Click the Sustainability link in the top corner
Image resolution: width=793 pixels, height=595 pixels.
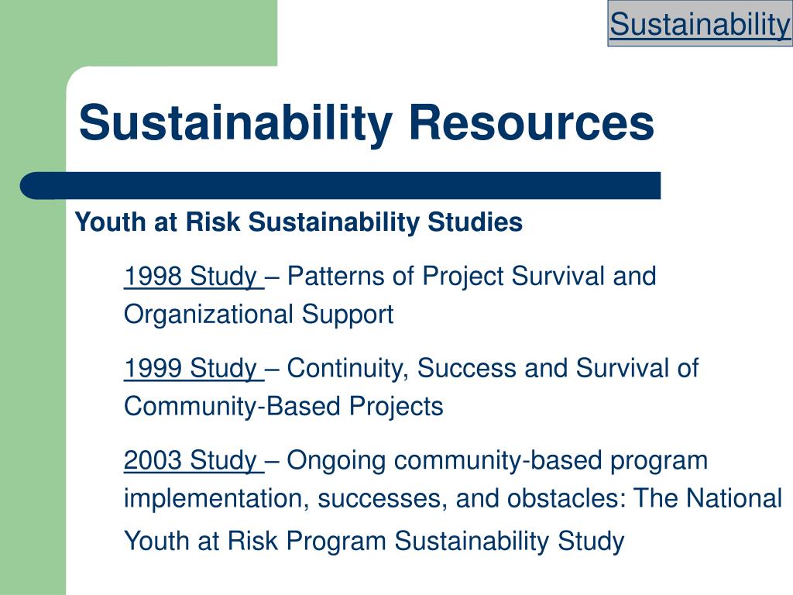[700, 24]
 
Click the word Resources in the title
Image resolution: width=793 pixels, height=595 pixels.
[531, 122]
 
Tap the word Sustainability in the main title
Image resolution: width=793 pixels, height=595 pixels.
[235, 123]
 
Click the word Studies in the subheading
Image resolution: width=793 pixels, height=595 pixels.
[475, 222]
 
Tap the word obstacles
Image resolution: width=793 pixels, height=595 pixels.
[566, 498]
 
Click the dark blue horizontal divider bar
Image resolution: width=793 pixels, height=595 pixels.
[341, 186]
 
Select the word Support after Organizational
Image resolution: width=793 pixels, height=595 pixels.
[348, 315]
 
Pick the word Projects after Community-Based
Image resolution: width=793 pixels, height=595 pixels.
[396, 407]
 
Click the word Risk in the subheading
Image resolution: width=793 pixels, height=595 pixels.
[212, 222]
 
